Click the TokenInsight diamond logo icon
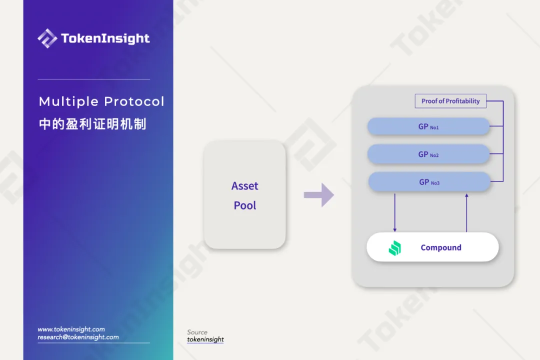click(x=47, y=38)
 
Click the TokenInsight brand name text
click(x=105, y=38)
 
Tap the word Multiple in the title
click(x=68, y=101)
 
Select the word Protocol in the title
click(x=134, y=101)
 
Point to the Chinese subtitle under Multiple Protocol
click(x=92, y=123)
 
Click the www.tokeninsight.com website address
click(x=71, y=329)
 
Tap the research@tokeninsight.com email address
click(x=78, y=337)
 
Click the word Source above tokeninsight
click(x=197, y=332)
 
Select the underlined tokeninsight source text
click(x=205, y=339)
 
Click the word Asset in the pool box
click(x=245, y=186)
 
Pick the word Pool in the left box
click(x=245, y=205)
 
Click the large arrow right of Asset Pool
click(x=319, y=195)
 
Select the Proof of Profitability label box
click(x=450, y=101)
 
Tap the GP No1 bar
click(x=428, y=126)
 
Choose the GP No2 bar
click(x=428, y=154)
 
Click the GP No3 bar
click(x=429, y=181)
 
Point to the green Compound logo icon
click(x=395, y=248)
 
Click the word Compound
click(x=441, y=247)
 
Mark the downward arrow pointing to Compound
click(x=394, y=212)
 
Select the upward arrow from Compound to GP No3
click(x=466, y=212)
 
